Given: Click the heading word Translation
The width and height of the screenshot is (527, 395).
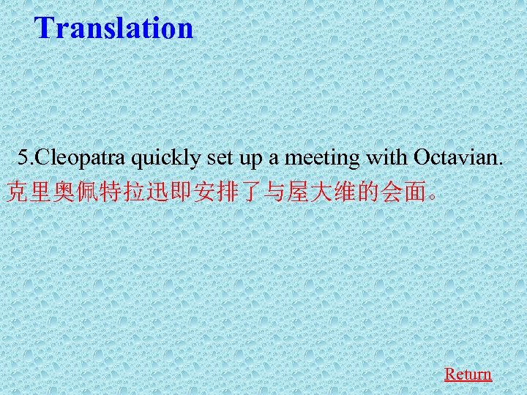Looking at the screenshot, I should [x=114, y=28].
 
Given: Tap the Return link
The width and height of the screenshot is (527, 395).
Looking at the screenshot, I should [x=468, y=374].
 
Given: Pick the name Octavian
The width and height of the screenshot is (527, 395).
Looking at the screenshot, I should [x=458, y=157].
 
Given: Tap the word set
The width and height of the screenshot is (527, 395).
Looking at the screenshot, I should [x=214, y=157].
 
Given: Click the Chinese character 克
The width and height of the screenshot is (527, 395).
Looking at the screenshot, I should [x=15, y=192].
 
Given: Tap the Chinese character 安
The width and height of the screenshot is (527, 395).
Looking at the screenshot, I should [x=198, y=192].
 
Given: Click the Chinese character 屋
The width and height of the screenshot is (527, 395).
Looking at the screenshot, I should [x=290, y=192].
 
